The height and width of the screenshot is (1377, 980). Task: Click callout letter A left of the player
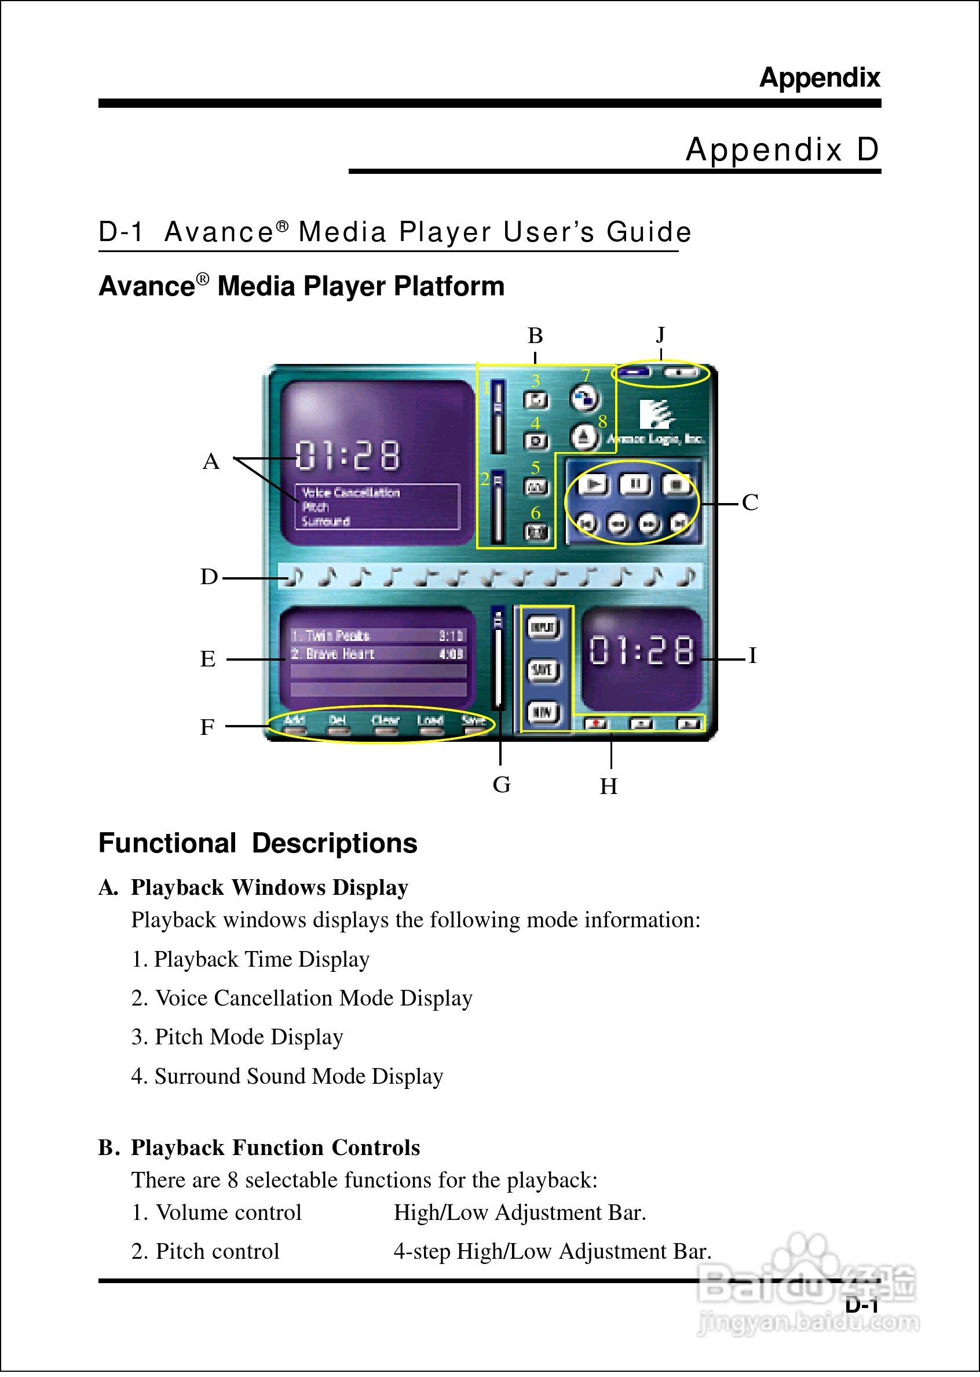click(211, 461)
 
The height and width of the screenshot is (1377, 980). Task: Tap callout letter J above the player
click(660, 334)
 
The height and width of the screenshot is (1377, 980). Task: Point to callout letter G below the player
click(501, 784)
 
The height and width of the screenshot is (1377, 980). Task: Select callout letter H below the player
click(608, 786)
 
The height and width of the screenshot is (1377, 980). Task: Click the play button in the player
click(594, 484)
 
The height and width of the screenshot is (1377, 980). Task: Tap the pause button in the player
click(635, 484)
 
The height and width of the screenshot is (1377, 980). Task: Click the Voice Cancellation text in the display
click(350, 493)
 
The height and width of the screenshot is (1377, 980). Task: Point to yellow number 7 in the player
click(585, 376)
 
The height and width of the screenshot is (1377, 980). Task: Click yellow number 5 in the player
click(535, 467)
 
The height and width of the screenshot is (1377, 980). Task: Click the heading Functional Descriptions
click(258, 843)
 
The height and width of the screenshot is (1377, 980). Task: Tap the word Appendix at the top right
click(819, 78)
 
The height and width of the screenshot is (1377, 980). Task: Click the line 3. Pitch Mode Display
click(237, 1037)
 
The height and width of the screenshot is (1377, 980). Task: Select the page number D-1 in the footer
click(861, 1305)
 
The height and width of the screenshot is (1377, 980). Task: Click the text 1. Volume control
click(217, 1212)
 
